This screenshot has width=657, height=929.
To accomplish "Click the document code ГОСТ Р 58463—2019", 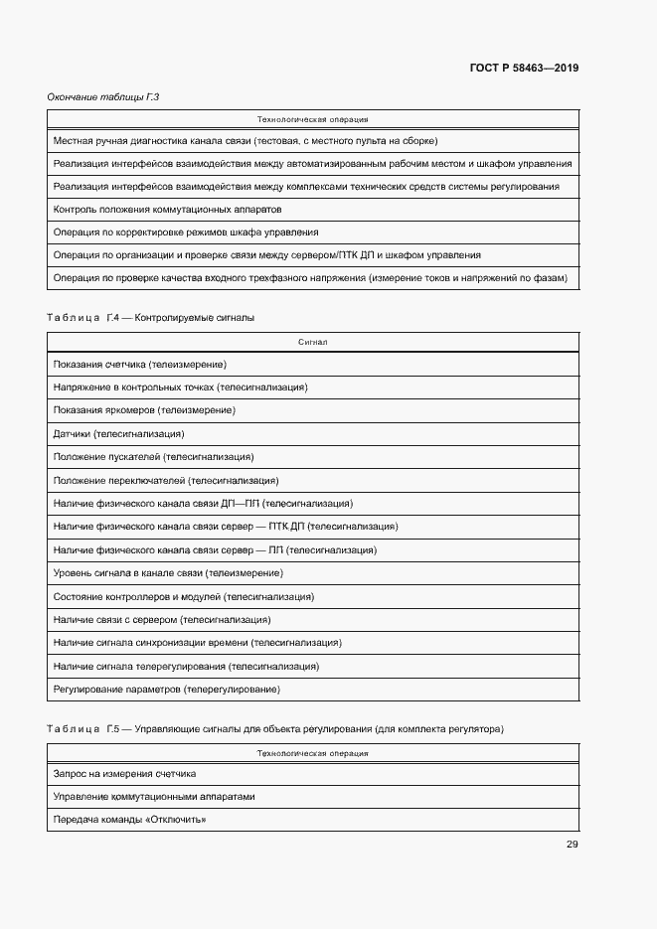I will [523, 69].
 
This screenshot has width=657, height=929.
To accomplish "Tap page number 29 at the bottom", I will [572, 845].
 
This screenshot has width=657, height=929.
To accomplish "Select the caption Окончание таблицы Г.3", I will [103, 96].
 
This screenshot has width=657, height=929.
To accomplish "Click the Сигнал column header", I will [312, 342].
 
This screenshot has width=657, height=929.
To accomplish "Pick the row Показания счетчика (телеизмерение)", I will [140, 365].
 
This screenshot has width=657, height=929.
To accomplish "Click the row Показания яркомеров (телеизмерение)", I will [144, 410].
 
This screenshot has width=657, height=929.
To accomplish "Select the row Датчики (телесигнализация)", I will [119, 433].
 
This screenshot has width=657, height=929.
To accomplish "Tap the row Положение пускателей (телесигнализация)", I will [153, 457].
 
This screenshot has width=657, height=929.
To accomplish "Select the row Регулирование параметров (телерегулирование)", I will [167, 689].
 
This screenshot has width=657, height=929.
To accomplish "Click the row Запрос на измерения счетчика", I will [124, 773].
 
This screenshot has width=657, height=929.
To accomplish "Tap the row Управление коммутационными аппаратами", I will [154, 796].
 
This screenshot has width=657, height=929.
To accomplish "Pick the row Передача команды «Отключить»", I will [129, 820].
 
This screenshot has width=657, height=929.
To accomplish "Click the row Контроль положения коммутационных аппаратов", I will [168, 210].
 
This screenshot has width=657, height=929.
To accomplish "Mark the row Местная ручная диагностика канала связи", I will [246, 141].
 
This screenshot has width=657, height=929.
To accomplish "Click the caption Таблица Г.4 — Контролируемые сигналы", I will [150, 318].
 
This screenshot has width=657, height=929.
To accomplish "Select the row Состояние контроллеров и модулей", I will [184, 596].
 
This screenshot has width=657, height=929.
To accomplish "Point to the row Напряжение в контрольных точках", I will [180, 387].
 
